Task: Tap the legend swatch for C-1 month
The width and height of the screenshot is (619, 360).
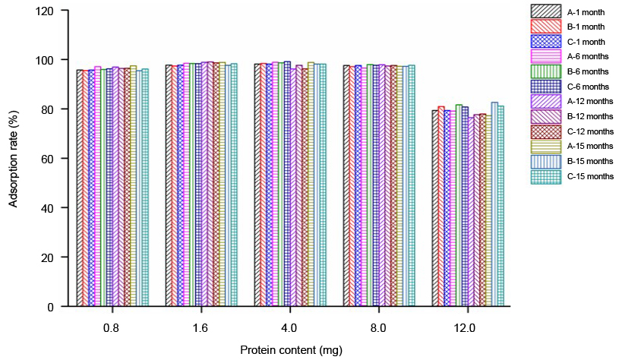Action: pos(544,41)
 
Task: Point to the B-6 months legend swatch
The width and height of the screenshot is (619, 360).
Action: pos(544,71)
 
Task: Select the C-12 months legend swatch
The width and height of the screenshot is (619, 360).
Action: pos(544,131)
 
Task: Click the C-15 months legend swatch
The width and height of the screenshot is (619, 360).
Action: pos(544,175)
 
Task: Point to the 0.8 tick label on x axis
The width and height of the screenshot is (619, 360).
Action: pos(111,328)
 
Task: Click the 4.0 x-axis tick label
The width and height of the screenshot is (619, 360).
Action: pos(289,328)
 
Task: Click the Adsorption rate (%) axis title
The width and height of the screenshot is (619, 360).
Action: pos(14,159)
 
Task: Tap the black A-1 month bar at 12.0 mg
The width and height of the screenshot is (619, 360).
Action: pos(435,209)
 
